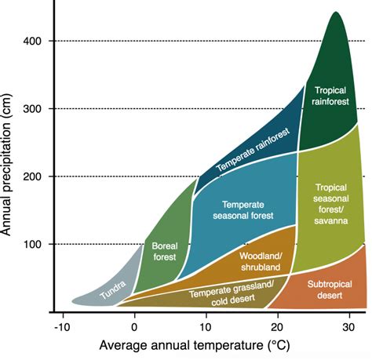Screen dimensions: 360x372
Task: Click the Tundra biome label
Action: click(x=113, y=294)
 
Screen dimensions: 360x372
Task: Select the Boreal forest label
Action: click(x=165, y=250)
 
